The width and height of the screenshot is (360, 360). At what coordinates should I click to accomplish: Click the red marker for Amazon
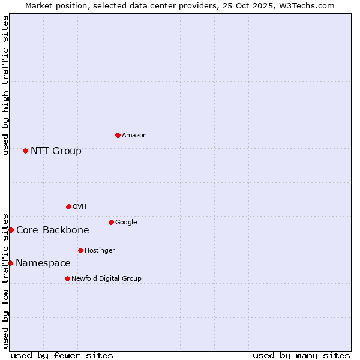(x=118, y=135)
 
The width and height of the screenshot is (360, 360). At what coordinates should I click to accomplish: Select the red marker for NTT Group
(x=25, y=151)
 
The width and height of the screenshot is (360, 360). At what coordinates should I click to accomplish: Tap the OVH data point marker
(x=68, y=206)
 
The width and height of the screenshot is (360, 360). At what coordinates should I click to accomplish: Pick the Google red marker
(x=111, y=222)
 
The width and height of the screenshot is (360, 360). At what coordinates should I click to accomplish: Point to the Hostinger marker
(x=80, y=250)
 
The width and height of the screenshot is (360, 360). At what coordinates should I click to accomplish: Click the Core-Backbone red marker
(x=11, y=230)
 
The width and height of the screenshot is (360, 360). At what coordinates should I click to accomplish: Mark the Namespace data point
(x=10, y=263)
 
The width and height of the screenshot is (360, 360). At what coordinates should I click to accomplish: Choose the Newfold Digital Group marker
(x=67, y=278)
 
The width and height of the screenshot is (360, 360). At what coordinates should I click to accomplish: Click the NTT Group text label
(x=56, y=151)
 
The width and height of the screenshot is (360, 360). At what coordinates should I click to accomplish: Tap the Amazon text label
(x=134, y=135)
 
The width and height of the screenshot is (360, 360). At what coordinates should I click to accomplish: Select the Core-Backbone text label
(x=52, y=230)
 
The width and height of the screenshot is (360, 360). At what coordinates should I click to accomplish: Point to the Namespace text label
(x=43, y=263)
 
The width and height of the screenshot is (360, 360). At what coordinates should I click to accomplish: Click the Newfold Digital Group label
(x=106, y=278)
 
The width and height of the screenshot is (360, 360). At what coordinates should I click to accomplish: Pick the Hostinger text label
(x=100, y=250)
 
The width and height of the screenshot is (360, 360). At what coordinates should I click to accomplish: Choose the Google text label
(x=126, y=222)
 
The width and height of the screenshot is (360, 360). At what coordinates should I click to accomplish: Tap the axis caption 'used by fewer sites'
(x=62, y=355)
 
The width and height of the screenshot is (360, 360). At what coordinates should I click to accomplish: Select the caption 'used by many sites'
(x=301, y=355)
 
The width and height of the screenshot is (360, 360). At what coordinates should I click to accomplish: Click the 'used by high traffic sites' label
(x=5, y=85)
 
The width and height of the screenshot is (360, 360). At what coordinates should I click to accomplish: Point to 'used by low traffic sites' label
(x=5, y=281)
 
